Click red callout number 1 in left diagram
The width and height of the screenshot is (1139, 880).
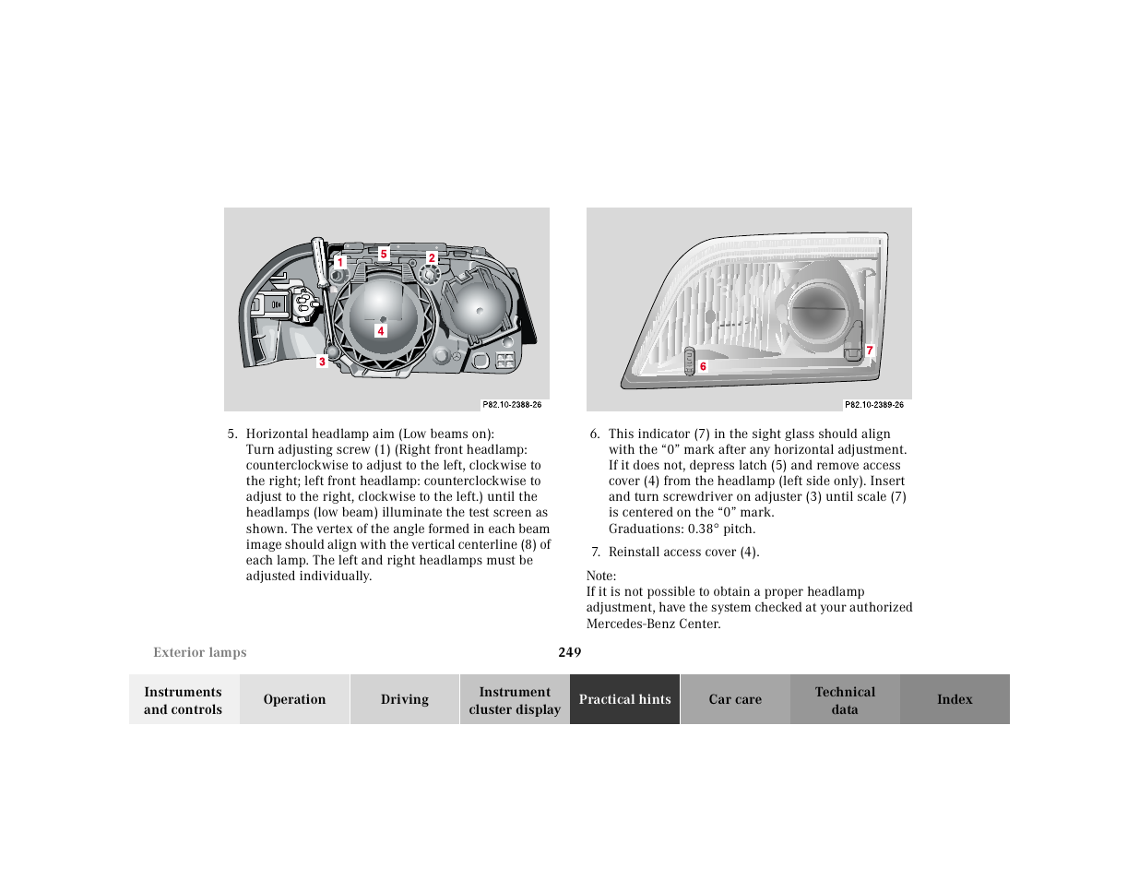click(x=340, y=262)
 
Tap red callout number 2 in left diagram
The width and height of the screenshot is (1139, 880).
click(x=432, y=258)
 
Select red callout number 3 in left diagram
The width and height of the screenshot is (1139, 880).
click(x=322, y=362)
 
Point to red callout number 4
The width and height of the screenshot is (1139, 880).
click(x=380, y=331)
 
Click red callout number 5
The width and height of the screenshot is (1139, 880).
click(x=384, y=254)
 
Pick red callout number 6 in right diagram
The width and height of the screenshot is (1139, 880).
click(x=703, y=366)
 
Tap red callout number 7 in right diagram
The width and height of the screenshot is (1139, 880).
click(x=869, y=351)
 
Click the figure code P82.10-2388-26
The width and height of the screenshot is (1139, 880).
click(x=512, y=405)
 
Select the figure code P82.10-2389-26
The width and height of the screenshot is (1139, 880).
click(x=874, y=405)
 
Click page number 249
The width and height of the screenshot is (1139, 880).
click(x=570, y=652)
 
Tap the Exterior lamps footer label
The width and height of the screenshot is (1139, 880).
click(x=200, y=652)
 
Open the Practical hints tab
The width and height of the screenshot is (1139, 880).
click(x=624, y=699)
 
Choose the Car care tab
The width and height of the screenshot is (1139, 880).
click(x=735, y=699)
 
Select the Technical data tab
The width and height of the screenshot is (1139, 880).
click(x=845, y=700)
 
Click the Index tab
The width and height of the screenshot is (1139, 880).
click(x=955, y=699)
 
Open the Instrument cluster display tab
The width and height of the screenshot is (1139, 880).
click(x=515, y=700)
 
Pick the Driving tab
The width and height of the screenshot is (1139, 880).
click(x=405, y=699)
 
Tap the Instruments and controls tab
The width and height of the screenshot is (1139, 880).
click(x=184, y=700)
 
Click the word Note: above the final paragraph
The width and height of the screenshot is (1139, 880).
click(x=601, y=576)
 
